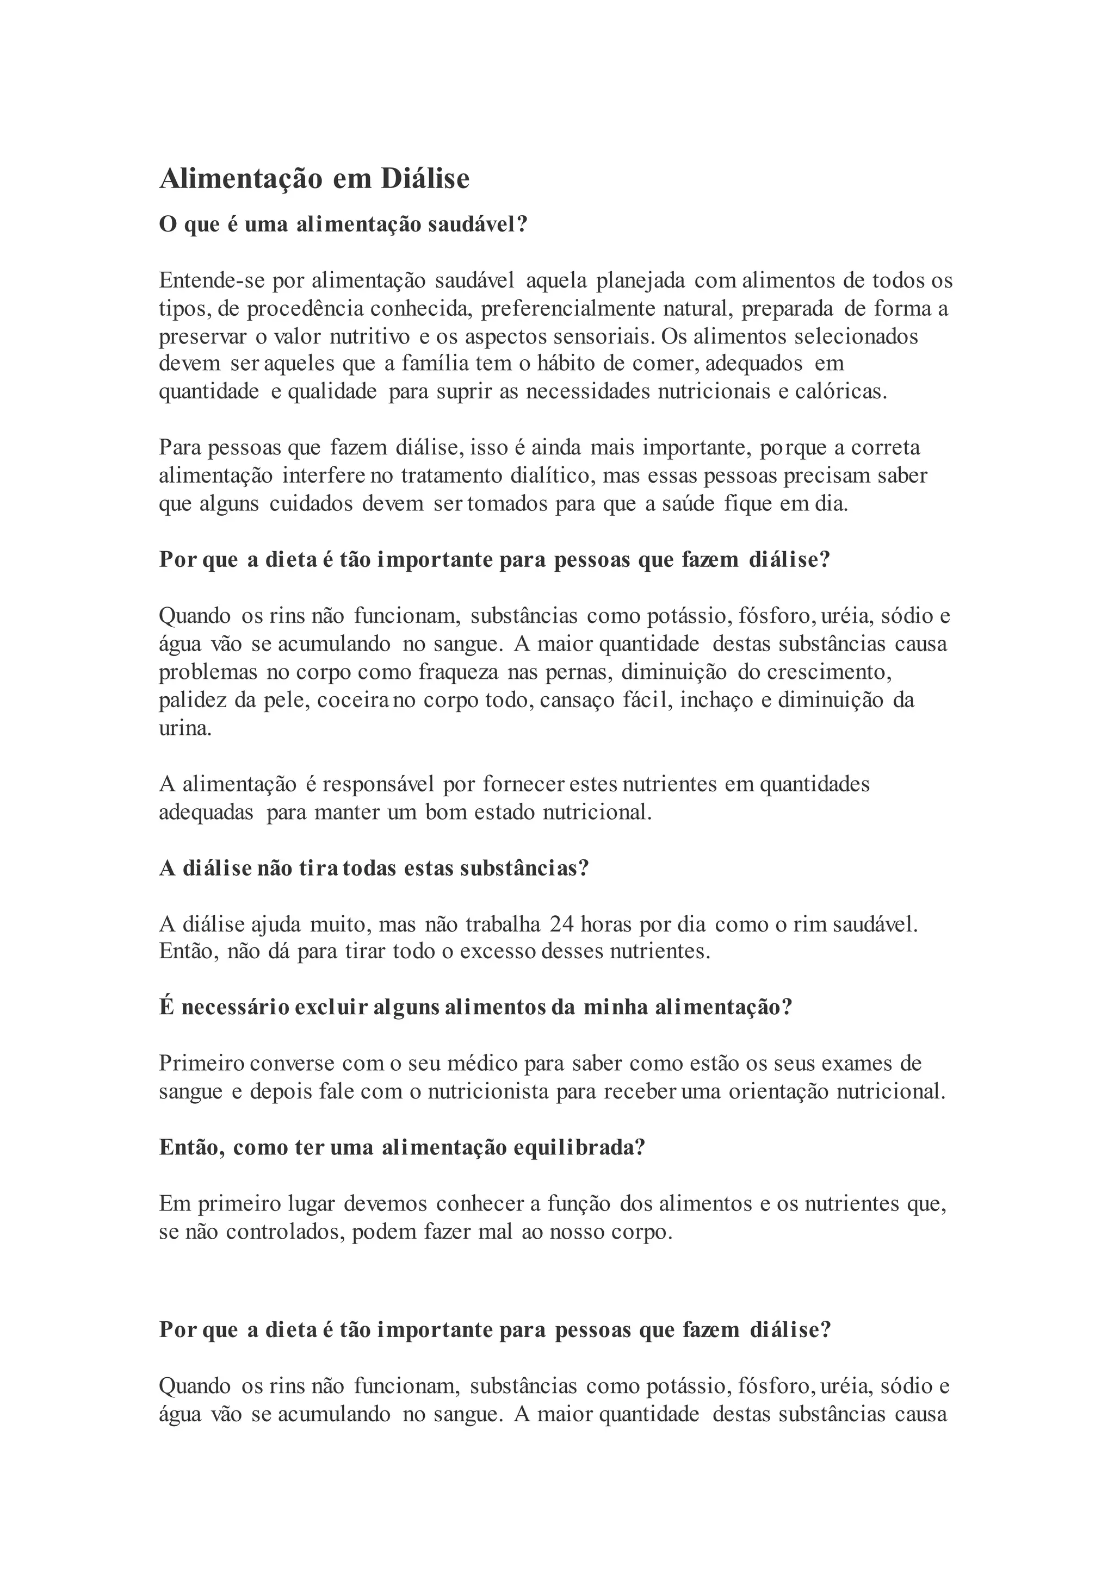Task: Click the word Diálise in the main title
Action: [x=425, y=179]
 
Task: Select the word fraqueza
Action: [x=458, y=672]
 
